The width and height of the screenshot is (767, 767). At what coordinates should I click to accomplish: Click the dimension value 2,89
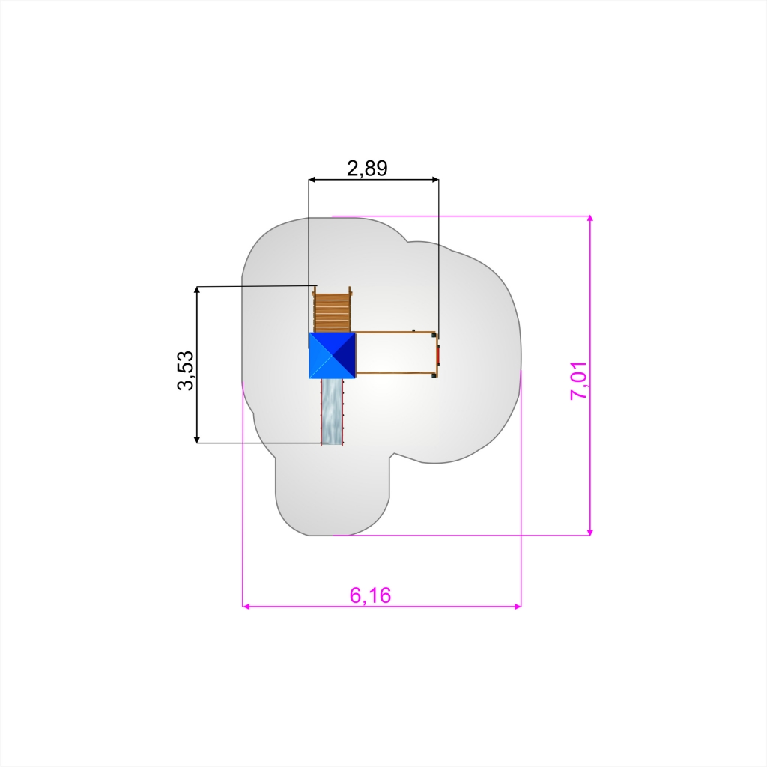367,169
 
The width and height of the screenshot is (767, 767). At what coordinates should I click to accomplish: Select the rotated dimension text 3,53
186,370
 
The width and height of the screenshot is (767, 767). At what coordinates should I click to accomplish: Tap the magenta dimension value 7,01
579,381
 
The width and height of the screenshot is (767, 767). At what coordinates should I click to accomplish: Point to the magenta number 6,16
370,595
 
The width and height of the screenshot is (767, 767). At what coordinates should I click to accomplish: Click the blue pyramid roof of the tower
332,356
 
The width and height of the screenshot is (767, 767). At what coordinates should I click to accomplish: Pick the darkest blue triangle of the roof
344,356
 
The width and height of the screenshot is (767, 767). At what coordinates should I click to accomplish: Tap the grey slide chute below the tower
332,412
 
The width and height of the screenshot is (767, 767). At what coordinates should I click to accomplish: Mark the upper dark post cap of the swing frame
434,335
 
